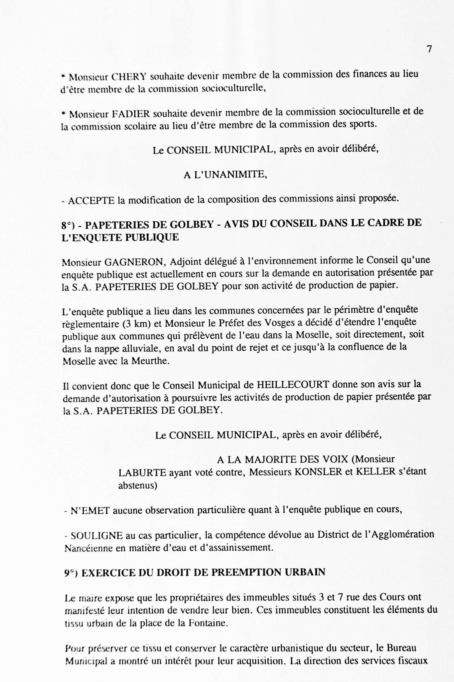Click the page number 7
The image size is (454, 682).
429,49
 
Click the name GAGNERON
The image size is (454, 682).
135,262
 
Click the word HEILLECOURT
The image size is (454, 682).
293,385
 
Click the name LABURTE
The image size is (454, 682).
142,472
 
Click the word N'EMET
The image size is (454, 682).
90,511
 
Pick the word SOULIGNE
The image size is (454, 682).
97,536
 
